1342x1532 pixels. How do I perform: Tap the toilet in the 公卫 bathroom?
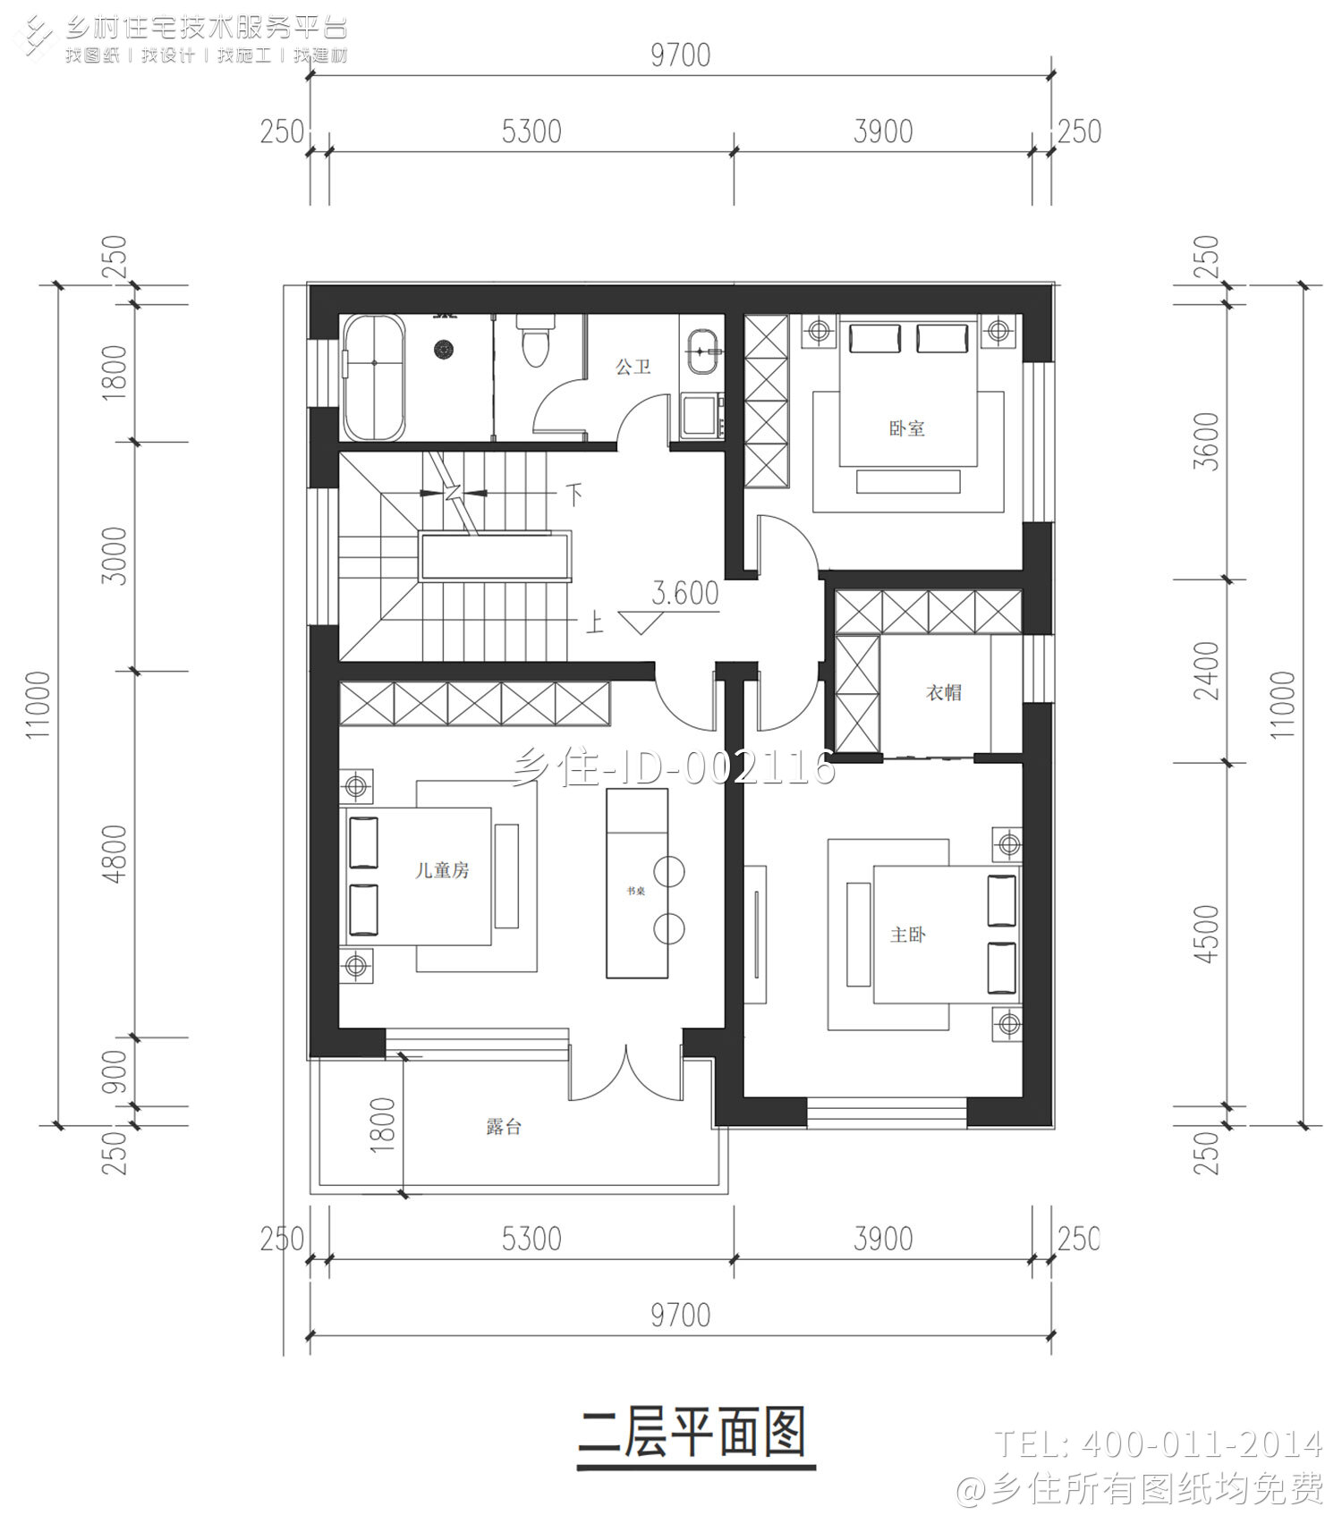click(535, 343)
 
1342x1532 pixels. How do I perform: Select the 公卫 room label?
click(633, 366)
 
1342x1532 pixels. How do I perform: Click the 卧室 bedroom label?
click(906, 428)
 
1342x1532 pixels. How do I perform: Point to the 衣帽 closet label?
click(943, 692)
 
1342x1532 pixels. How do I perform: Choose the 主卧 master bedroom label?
click(907, 935)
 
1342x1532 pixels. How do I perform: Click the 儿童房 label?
click(442, 870)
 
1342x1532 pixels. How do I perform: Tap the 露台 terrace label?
click(504, 1127)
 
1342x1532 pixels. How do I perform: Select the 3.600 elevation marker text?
click(685, 593)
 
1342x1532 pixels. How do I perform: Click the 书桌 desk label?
click(635, 892)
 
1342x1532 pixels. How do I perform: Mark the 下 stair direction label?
click(573, 493)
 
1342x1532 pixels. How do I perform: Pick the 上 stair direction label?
click(594, 622)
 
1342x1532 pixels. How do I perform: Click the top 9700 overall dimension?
click(680, 55)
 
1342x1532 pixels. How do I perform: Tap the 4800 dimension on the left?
click(115, 853)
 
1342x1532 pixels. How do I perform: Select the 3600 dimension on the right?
click(1206, 442)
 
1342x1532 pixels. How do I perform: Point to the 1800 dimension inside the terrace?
click(382, 1125)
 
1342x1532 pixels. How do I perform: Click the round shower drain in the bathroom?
click(442, 349)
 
